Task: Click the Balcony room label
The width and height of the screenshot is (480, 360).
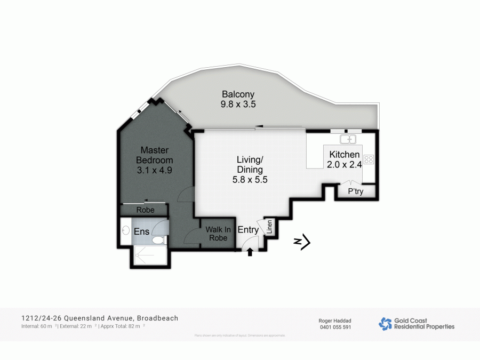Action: click(x=238, y=95)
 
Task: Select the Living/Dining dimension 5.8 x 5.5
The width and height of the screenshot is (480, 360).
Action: click(x=250, y=180)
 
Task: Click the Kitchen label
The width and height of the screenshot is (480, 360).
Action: click(x=345, y=155)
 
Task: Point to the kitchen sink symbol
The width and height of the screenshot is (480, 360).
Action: click(x=348, y=139)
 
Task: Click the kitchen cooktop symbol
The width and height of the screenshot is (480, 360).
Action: click(x=369, y=159)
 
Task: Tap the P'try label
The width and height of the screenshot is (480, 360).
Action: click(x=355, y=191)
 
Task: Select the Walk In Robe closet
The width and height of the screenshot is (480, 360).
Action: click(x=217, y=233)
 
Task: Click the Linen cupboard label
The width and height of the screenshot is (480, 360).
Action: click(x=270, y=228)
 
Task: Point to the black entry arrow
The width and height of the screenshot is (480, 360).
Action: click(x=250, y=252)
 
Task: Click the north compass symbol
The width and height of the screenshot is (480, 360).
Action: click(x=302, y=243)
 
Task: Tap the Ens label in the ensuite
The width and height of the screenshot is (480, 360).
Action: click(x=141, y=231)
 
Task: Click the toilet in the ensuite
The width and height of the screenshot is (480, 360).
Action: click(x=158, y=241)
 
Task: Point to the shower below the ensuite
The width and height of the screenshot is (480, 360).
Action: click(x=151, y=255)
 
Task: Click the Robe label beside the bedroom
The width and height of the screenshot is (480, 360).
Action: click(x=145, y=210)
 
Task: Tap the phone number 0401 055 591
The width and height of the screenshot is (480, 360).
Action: click(x=335, y=327)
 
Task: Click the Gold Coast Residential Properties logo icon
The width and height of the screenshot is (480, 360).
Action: click(x=385, y=323)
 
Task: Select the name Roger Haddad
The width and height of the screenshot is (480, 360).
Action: click(x=335, y=320)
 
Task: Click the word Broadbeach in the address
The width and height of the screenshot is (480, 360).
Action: click(x=157, y=318)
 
